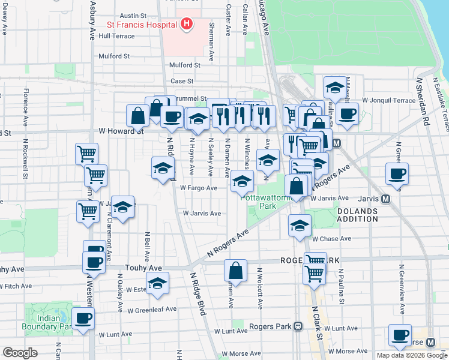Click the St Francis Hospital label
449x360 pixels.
coord(142,25)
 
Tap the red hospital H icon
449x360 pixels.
coord(187,24)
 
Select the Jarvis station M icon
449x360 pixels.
coord(385,199)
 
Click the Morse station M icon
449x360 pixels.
coord(430,342)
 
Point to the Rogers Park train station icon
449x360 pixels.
coord(298,326)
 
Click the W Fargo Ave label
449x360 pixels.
coord(199,188)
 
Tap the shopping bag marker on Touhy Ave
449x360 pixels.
coord(236,271)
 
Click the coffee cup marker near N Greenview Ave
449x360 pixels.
coord(397,174)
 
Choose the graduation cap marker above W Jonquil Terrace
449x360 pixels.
coord(334,88)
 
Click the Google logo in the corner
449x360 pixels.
coord(20,353)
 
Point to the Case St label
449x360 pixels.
coord(182,81)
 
